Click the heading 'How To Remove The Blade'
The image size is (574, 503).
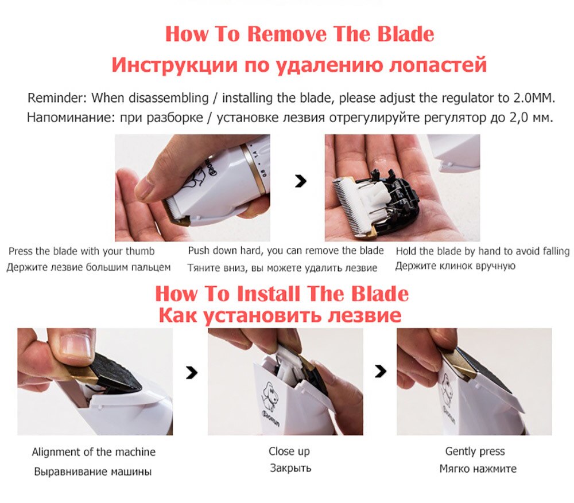click(298, 33)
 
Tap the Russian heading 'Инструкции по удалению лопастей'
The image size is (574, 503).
click(298, 64)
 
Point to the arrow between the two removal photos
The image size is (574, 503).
click(300, 182)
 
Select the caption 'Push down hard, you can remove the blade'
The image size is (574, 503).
click(286, 251)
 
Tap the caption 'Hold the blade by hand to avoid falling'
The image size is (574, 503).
click(482, 251)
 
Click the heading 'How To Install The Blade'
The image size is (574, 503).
click(282, 294)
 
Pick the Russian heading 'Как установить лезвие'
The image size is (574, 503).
click(279, 315)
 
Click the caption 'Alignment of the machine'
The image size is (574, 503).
click(94, 452)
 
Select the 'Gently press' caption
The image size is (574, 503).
click(475, 451)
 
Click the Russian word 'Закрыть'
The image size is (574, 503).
click(290, 468)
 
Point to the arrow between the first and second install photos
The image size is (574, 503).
click(192, 373)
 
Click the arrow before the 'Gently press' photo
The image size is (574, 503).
click(380, 372)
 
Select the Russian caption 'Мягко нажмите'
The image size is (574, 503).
click(478, 469)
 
